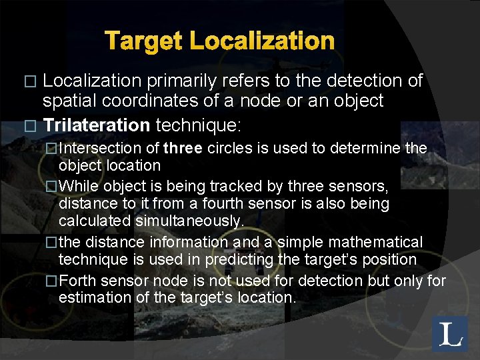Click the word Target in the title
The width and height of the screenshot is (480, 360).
[x=145, y=41]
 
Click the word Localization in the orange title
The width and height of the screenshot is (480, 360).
[x=262, y=41]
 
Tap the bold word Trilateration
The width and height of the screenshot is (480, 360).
[x=97, y=125]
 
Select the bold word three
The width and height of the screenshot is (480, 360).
[x=183, y=147]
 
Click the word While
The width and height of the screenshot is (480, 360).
[x=79, y=185]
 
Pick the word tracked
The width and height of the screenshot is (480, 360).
[x=229, y=185]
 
